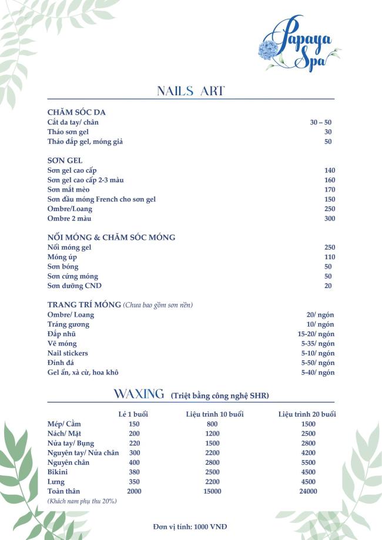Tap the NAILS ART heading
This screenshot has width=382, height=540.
tap(191, 91)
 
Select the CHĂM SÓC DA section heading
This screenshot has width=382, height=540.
tap(76, 112)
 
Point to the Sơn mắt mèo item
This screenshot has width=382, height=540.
tap(68, 190)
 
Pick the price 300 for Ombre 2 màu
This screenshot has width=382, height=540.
tap(329, 219)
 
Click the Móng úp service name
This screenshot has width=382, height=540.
tap(62, 257)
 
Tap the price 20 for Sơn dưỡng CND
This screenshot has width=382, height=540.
tap(328, 286)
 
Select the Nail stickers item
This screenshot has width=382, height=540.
tap(68, 353)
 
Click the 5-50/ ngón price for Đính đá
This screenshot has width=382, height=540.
tap(317, 363)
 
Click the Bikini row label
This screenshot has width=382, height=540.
tap(58, 472)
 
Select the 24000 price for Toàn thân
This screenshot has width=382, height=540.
tap(308, 491)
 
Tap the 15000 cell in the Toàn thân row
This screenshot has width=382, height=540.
tap(213, 491)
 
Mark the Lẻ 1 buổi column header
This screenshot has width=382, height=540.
tap(133, 414)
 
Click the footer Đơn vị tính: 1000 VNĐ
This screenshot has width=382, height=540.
tap(190, 526)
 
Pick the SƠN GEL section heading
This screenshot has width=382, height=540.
tap(65, 160)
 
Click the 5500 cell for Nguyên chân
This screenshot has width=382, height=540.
tap(308, 462)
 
